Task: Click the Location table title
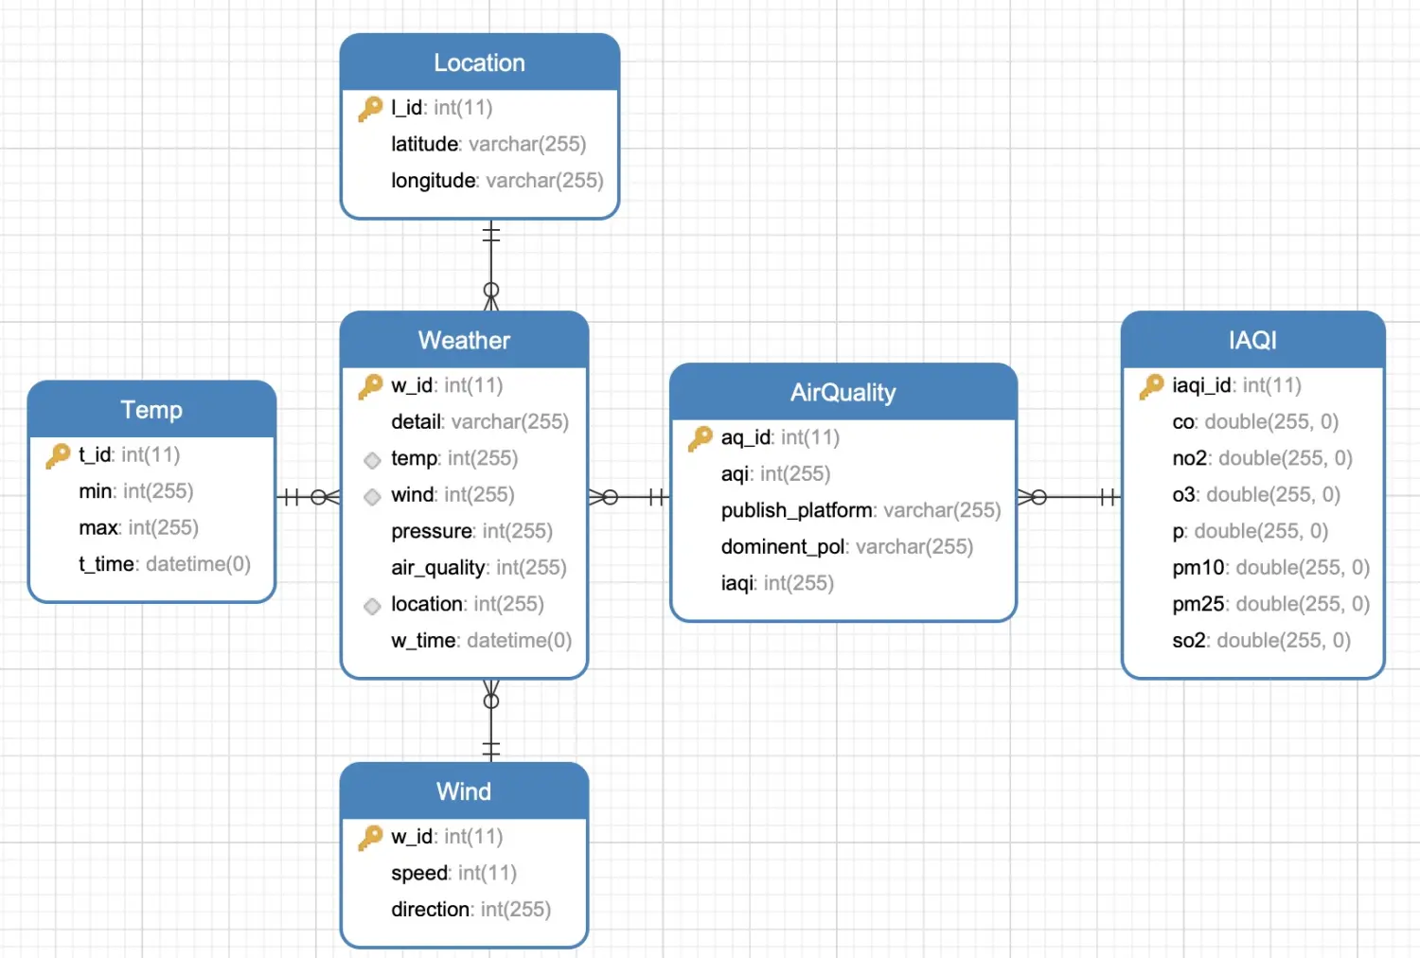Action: [479, 62]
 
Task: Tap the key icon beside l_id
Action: [371, 109]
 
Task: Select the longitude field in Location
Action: [497, 181]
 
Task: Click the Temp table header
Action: [151, 410]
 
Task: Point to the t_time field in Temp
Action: [165, 563]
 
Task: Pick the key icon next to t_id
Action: [59, 455]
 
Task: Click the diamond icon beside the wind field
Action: [372, 496]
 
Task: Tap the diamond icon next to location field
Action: [372, 606]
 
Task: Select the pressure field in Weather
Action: [471, 531]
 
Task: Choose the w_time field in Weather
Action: [481, 640]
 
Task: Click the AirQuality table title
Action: [843, 393]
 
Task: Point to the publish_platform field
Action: [861, 510]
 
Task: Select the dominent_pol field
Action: [847, 546]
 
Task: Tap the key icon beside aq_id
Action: [701, 438]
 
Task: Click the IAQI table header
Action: [1252, 340]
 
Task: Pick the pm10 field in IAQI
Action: [1271, 567]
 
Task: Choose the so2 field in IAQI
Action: [1262, 640]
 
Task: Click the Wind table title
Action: [464, 791]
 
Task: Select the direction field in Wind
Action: [471, 909]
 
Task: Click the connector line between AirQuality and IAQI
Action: [1069, 497]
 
